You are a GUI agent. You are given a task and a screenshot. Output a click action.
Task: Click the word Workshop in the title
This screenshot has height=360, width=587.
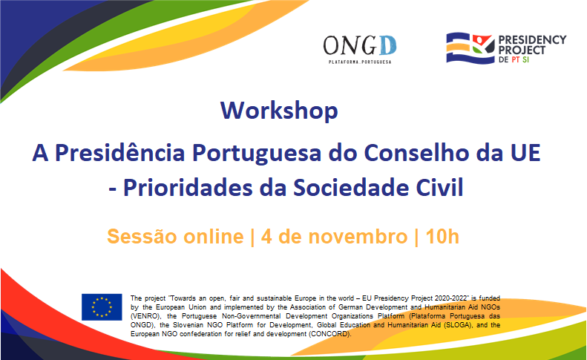click(x=279, y=111)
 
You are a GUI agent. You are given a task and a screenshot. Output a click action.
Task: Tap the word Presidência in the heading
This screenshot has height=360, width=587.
click(x=119, y=153)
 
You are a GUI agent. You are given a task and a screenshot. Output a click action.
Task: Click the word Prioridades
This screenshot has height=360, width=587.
click(x=188, y=187)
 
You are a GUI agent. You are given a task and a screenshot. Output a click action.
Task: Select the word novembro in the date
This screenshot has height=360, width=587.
click(x=358, y=237)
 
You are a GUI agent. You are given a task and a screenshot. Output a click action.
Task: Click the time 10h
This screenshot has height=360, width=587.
click(x=442, y=237)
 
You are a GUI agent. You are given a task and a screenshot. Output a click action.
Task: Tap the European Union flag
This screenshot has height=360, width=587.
click(x=102, y=307)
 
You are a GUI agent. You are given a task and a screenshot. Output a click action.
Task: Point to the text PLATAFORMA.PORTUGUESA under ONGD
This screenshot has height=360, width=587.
click(x=360, y=62)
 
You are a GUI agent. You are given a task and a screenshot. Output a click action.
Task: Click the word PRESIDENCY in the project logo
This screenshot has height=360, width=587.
click(x=532, y=39)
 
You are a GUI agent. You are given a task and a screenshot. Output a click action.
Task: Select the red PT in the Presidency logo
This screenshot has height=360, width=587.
click(x=516, y=59)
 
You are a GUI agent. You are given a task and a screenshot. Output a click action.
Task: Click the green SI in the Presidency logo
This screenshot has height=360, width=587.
click(x=525, y=59)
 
